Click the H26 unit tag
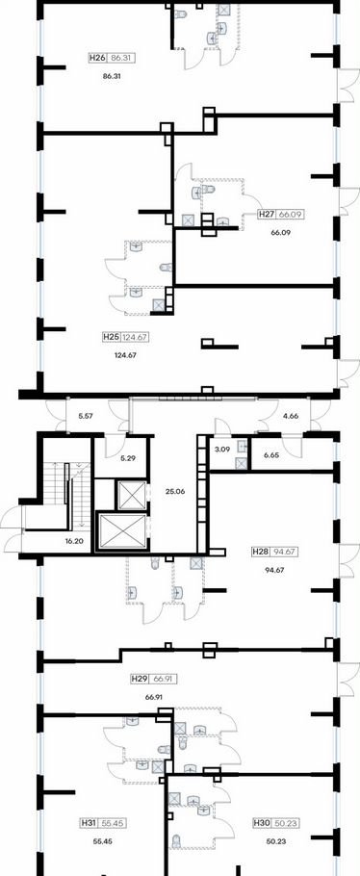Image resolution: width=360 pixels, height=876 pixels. coord(113,58)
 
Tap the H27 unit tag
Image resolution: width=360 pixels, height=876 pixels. coord(281,214)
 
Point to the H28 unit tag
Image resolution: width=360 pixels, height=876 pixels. coord(275,552)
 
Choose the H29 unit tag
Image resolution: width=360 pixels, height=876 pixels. coord(154,679)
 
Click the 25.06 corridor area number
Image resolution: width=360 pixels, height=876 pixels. coord(175,492)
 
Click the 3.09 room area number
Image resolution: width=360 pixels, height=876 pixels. coord(222,449)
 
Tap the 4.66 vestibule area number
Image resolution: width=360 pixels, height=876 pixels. coord(292,416)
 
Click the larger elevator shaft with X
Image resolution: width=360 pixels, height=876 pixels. coord(122,530)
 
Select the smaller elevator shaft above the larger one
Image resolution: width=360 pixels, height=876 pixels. coord(130,494)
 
